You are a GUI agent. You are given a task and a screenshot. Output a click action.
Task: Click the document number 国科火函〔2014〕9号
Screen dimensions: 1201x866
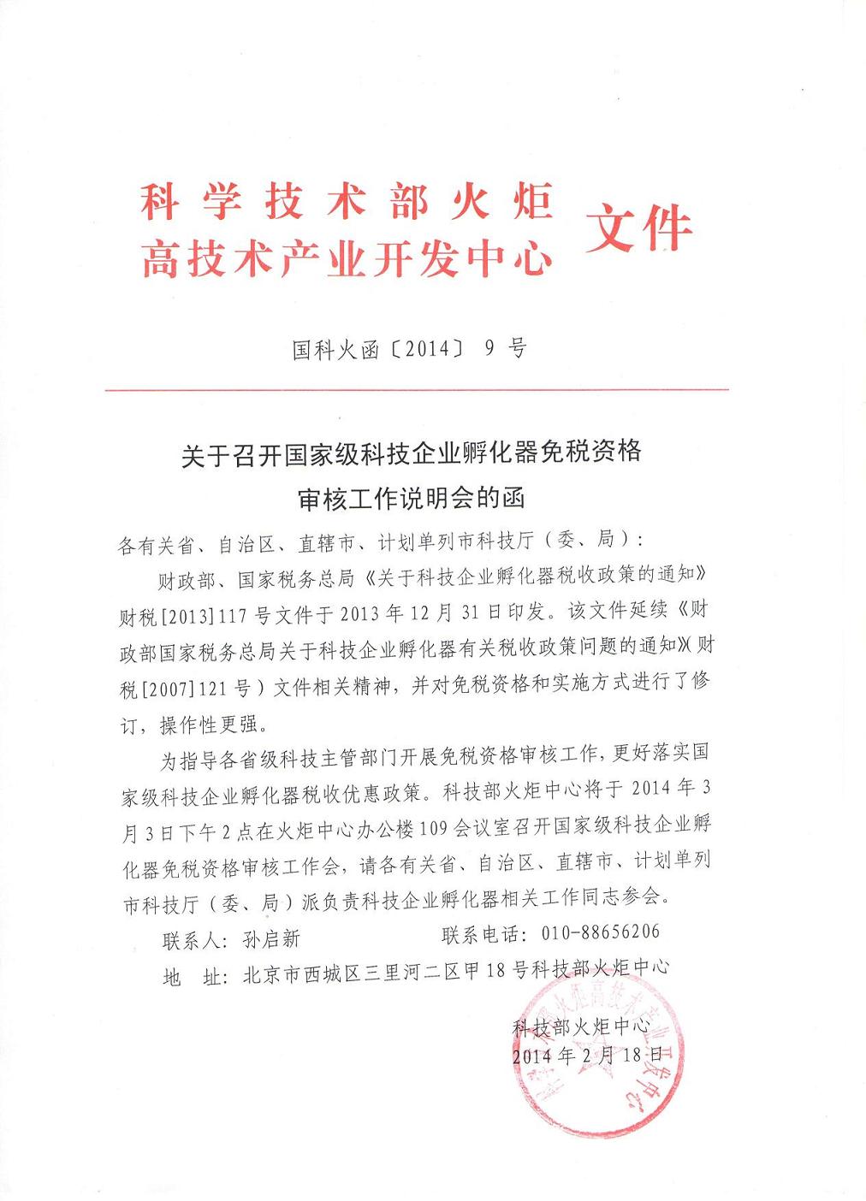tap(409, 349)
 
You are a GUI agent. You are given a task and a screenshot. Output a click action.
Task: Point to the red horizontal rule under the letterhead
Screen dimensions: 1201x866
tap(417, 390)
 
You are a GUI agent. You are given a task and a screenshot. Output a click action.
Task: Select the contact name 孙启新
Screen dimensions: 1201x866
tap(271, 939)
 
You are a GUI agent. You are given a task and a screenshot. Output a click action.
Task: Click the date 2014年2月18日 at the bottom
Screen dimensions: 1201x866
tap(587, 1055)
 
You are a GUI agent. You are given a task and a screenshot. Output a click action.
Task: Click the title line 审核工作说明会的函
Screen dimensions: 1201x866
tap(410, 499)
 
